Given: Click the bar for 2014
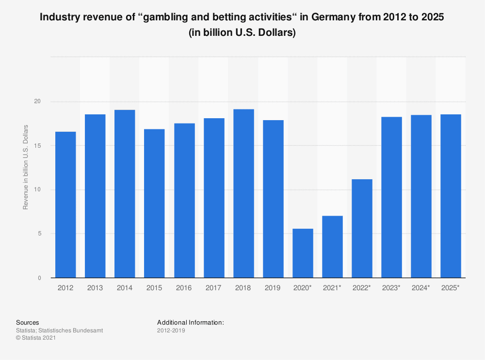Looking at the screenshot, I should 125,194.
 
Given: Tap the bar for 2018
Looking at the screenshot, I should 243,193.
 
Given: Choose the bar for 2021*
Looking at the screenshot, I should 332,247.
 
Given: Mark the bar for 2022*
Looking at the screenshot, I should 362,228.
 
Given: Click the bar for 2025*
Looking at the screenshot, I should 451,196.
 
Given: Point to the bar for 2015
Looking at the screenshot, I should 154,203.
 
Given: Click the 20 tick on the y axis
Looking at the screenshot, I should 37,101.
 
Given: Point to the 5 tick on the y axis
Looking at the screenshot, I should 39,234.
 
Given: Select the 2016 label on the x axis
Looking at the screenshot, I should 184,288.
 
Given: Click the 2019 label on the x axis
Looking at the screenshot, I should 273,288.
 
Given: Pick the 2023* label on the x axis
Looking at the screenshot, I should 391,288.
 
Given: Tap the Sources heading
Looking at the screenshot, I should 28,322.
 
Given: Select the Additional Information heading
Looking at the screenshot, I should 191,322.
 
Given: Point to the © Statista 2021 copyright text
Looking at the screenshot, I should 36,338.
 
